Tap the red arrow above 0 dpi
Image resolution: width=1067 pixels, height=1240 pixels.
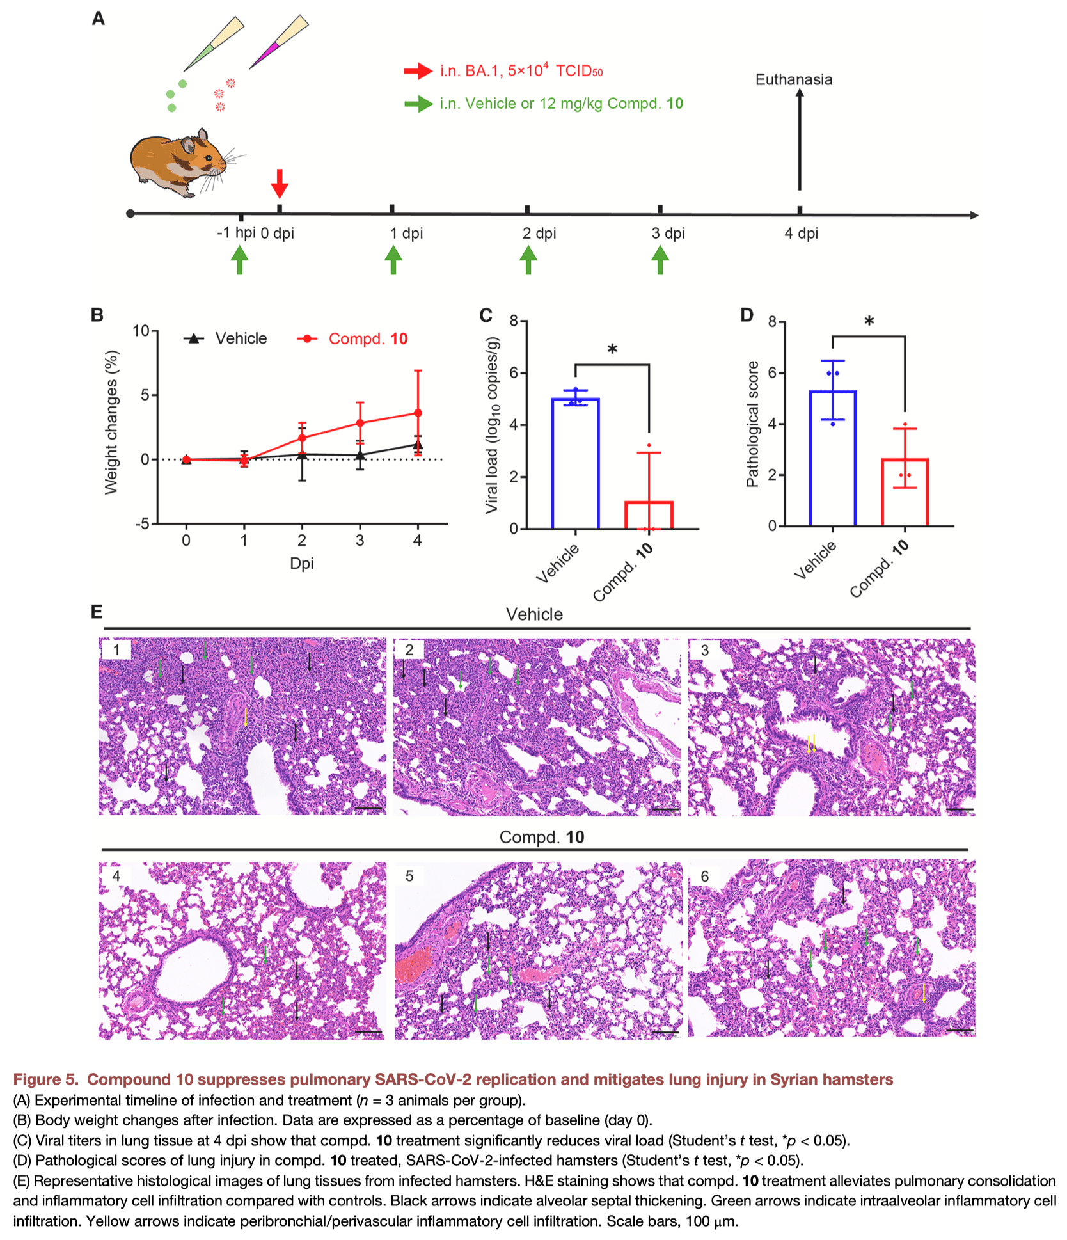tap(280, 184)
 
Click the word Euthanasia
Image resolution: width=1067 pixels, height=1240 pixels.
tap(794, 80)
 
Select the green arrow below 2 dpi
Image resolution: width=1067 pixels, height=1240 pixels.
tap(528, 260)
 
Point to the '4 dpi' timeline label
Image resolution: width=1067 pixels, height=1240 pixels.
tap(802, 234)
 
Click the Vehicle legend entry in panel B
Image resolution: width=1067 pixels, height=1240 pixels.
tap(226, 338)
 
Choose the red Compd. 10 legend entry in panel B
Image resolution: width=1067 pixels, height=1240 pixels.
tap(352, 338)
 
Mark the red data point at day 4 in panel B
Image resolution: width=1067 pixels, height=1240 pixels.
tap(418, 413)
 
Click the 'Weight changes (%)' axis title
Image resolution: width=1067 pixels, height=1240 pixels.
tap(112, 422)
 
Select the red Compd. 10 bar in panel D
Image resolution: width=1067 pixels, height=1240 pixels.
tap(905, 493)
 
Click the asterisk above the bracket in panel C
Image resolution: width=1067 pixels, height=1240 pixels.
tap(612, 349)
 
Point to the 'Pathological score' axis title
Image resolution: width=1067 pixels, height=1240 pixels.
tap(753, 424)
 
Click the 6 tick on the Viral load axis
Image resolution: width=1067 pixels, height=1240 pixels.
tap(514, 373)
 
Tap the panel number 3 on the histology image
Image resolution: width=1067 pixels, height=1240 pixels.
tap(704, 651)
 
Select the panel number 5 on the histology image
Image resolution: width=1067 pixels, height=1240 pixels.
tap(409, 876)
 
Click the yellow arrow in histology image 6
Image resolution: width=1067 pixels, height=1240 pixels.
tap(923, 994)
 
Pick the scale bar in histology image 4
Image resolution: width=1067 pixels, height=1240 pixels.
tap(368, 1031)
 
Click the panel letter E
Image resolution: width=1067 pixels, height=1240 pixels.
tap(97, 612)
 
